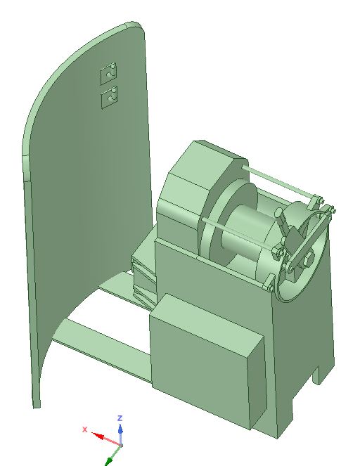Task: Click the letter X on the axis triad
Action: pos(84,429)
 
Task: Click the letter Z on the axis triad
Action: pos(120,418)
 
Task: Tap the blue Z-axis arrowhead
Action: pos(120,429)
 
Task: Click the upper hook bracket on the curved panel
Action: pos(108,72)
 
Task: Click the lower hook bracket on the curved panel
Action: pos(110,97)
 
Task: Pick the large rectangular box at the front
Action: pos(205,360)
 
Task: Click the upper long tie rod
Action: pos(279,182)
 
